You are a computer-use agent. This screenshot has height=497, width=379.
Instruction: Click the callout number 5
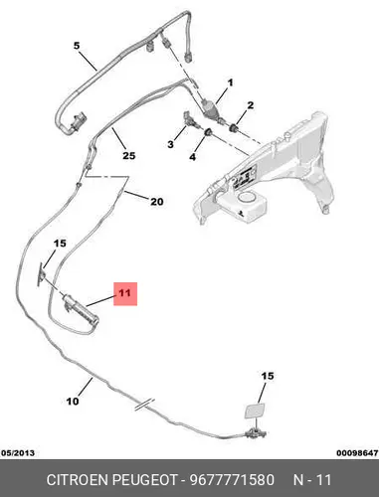coord(77,46)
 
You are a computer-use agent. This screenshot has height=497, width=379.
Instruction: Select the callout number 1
coord(230,83)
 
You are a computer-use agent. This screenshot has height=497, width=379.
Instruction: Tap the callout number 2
coord(251,105)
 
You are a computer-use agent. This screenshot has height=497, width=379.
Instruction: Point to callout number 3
coord(170,144)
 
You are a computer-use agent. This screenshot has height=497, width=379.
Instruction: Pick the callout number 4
coord(193,157)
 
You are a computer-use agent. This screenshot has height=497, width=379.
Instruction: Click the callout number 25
coord(129,155)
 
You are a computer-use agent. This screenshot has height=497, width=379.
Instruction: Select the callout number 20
coord(157,202)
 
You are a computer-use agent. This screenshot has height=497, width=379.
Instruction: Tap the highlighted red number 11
coord(125,293)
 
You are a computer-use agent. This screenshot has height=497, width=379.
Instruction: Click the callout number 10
coord(73,402)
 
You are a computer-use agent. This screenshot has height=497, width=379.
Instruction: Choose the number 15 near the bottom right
coord(268,376)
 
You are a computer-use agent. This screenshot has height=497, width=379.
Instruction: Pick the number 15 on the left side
coord(60,244)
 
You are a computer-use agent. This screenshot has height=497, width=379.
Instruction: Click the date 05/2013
coord(18,452)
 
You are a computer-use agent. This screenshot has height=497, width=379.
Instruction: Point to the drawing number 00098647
coord(357,452)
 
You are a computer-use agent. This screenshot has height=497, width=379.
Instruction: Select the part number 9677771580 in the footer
coord(232,480)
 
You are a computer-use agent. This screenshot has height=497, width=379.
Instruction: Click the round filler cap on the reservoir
coord(247,198)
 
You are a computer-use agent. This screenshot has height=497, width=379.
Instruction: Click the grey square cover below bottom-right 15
coord(255,412)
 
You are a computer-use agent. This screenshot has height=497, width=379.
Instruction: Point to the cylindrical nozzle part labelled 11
coord(82,309)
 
